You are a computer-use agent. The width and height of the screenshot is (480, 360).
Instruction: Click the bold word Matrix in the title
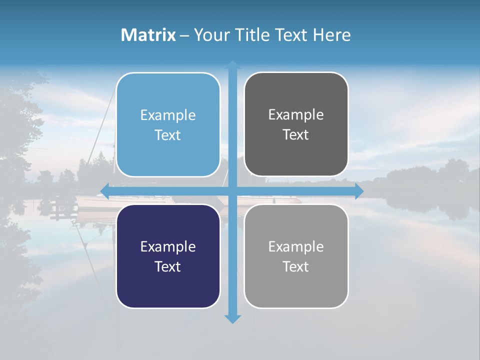(148, 35)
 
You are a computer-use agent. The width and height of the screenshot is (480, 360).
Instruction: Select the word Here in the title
(332, 35)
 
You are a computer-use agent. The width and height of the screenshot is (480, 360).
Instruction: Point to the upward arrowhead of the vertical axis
(232, 64)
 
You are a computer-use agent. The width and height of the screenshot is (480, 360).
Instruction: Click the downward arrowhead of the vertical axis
(232, 318)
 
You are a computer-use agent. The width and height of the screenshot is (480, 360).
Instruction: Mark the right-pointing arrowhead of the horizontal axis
(359, 191)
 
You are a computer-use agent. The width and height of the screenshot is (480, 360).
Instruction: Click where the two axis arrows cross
(232, 191)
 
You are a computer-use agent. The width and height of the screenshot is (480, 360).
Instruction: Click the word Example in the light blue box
(168, 115)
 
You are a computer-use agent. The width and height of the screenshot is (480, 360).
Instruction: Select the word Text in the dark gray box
(296, 135)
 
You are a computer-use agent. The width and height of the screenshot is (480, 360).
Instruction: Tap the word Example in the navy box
(168, 247)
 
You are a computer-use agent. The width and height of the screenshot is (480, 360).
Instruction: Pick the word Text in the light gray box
(296, 266)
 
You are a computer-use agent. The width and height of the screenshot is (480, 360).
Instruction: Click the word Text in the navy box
(168, 266)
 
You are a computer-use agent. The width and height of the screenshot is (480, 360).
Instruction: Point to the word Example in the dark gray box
(296, 115)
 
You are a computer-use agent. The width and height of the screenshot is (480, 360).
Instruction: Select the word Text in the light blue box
(168, 135)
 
